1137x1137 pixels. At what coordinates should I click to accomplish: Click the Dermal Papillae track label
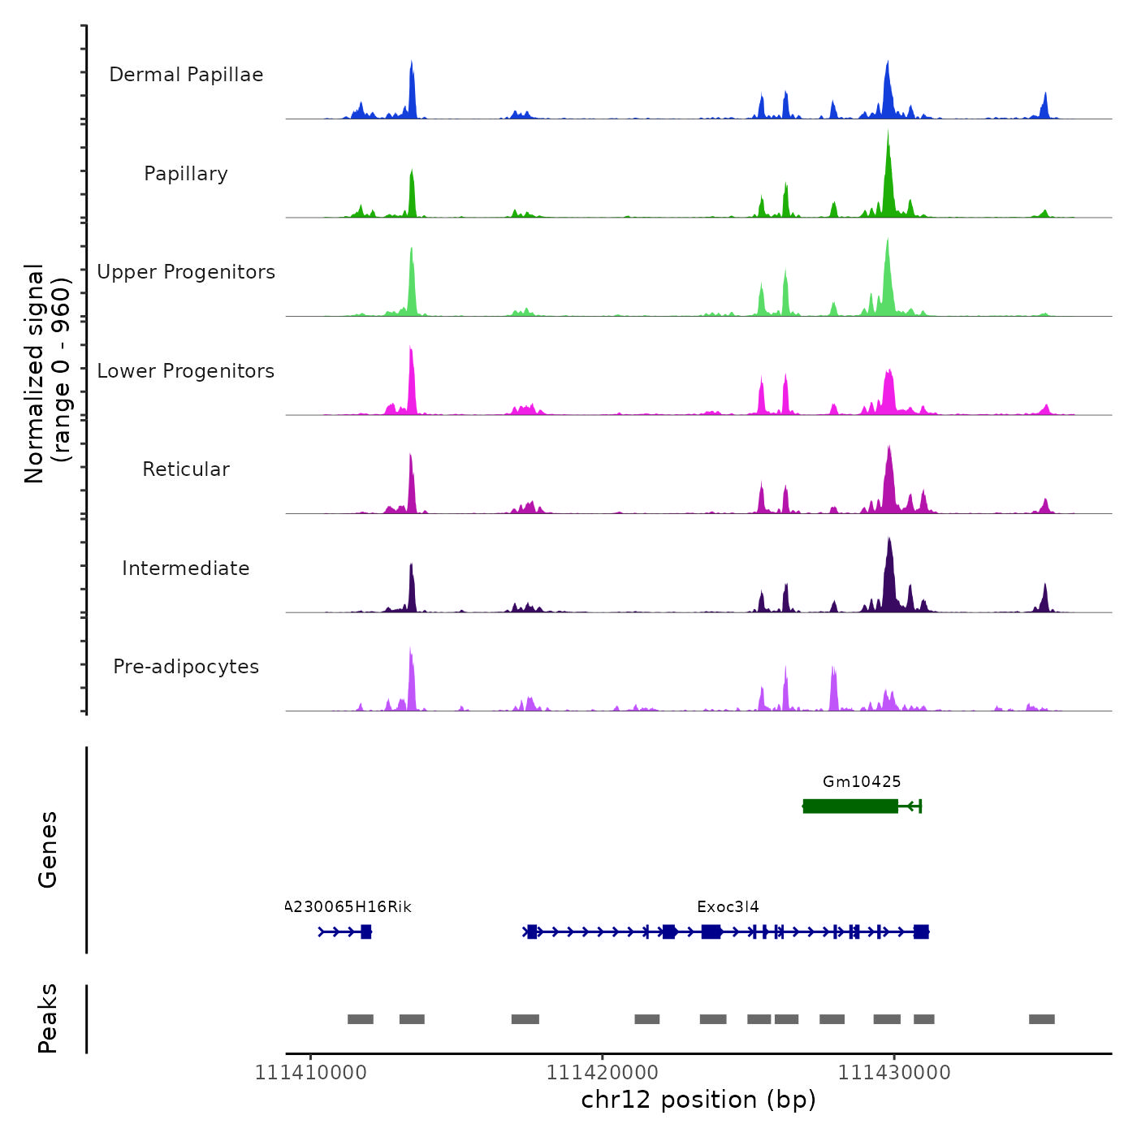point(186,75)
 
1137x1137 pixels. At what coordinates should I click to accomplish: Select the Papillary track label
point(186,174)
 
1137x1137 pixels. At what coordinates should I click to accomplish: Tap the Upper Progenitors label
point(186,272)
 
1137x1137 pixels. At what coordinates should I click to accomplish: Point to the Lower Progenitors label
point(186,371)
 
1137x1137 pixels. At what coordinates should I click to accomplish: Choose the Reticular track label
point(186,469)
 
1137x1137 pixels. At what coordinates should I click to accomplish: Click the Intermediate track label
point(186,568)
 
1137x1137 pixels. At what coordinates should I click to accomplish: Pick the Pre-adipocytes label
point(186,667)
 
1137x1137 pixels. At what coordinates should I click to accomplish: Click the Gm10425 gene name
point(862,782)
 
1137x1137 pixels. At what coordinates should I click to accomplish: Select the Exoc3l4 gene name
point(728,907)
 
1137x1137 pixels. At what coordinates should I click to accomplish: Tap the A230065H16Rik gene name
point(349,907)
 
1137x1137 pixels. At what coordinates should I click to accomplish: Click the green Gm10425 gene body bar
point(850,806)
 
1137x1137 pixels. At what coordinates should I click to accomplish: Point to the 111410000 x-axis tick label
point(310,1073)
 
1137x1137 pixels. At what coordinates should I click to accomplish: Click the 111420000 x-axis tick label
point(602,1073)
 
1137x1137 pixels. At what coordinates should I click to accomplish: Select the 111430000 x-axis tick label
point(894,1073)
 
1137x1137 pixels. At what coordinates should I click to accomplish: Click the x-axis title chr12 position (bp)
point(698,1100)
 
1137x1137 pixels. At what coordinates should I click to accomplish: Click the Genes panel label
point(48,850)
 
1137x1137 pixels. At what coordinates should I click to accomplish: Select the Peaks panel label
point(48,1018)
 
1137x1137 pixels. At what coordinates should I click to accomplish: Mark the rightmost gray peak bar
point(1041,1019)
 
